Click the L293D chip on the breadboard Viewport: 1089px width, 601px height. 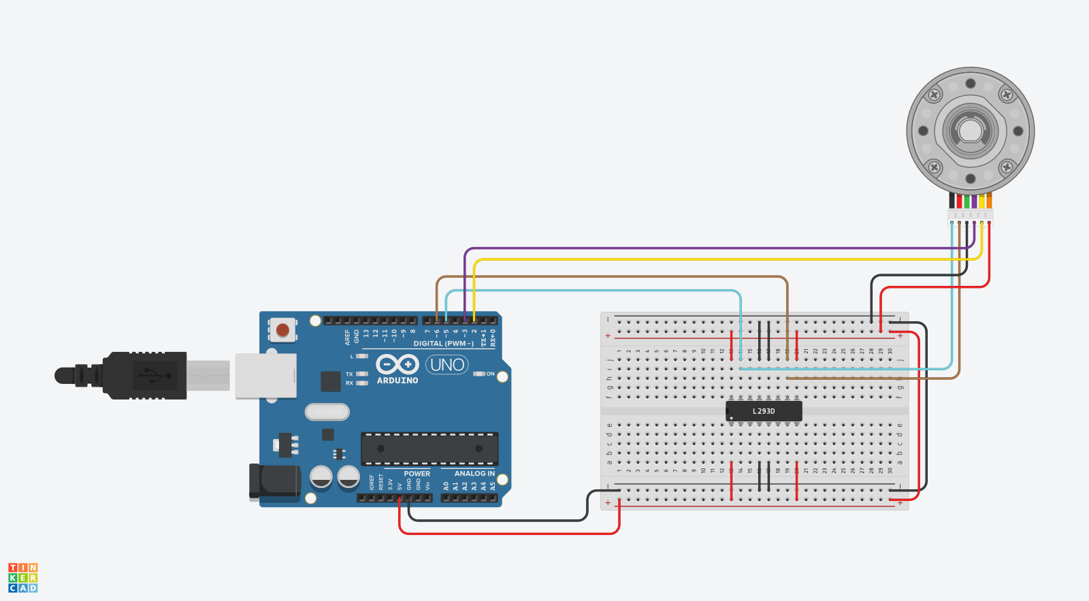click(x=764, y=411)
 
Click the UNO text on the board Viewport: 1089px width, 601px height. click(x=447, y=365)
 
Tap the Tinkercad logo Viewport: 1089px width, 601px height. click(x=23, y=577)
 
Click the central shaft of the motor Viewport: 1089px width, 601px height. click(x=970, y=131)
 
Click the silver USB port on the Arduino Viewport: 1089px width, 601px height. click(x=265, y=376)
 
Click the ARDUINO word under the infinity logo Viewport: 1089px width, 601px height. click(x=397, y=380)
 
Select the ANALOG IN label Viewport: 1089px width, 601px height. click(x=474, y=474)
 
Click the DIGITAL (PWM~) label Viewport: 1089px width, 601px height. click(x=443, y=344)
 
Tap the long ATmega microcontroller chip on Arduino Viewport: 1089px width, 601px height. click(x=429, y=449)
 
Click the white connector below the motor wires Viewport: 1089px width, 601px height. click(x=970, y=216)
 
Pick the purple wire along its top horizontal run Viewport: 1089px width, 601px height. click(x=715, y=248)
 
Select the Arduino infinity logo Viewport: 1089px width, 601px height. click(x=397, y=364)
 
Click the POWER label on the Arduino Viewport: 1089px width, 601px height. click(x=417, y=474)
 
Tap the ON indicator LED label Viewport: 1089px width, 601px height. click(x=489, y=374)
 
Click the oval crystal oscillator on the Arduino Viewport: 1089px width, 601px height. click(x=327, y=412)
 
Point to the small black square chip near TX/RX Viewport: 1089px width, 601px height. click(x=331, y=381)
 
